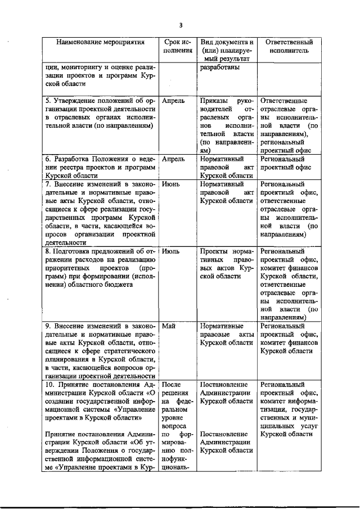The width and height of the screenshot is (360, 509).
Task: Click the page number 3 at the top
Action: click(x=181, y=24)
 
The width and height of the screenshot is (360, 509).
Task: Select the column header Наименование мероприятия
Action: click(x=100, y=42)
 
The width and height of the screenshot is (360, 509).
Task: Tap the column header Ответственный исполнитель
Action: click(x=288, y=46)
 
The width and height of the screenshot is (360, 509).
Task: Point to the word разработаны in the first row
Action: click(x=219, y=68)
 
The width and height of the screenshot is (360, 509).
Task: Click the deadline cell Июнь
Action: click(x=171, y=184)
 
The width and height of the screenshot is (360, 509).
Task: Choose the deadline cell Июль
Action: click(x=171, y=251)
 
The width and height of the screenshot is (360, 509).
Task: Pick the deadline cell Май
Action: click(x=169, y=326)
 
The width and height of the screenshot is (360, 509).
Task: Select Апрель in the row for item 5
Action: click(x=173, y=101)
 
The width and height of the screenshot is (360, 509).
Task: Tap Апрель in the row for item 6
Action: click(x=173, y=159)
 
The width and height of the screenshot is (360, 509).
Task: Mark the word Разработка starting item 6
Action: click(x=76, y=159)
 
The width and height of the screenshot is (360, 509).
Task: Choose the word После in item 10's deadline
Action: click(x=172, y=385)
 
